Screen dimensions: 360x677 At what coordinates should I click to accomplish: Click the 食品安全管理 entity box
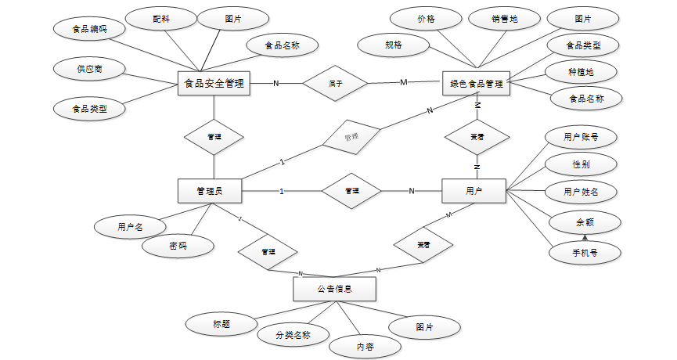point(214,82)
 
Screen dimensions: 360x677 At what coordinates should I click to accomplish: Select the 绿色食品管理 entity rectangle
point(476,82)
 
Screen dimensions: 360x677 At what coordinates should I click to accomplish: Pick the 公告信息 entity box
point(334,289)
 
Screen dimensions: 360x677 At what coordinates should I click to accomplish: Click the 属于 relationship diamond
point(335,82)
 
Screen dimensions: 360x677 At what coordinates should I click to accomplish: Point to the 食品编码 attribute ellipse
point(89,30)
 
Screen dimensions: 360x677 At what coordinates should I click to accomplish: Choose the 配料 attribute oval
point(161,19)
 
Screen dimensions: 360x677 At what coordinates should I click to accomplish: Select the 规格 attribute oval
point(394,45)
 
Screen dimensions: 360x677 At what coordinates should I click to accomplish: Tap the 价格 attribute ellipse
point(427,19)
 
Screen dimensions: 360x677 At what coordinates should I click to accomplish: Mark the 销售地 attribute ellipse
point(504,19)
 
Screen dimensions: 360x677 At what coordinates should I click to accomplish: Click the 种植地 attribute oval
point(581,72)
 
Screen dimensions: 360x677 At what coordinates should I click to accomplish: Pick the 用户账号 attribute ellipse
point(581,137)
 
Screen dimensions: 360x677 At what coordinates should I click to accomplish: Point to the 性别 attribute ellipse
point(581,164)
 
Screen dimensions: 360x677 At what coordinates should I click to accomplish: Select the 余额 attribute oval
point(584,222)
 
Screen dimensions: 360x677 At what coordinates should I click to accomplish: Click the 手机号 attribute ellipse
point(584,253)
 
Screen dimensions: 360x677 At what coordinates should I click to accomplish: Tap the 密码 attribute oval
point(178,246)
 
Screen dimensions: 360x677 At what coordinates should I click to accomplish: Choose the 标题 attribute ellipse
point(221,323)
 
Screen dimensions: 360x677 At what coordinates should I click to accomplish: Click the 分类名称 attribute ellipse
point(293,335)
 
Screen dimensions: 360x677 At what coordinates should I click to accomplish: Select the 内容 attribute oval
point(366,344)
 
